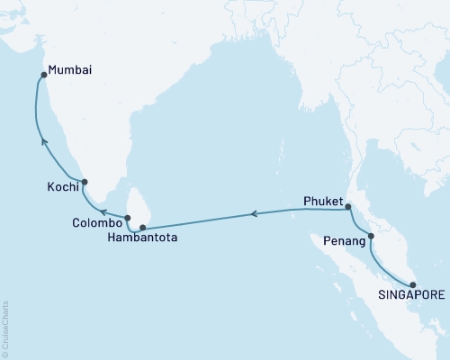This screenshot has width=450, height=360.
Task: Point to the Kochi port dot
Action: pos(84,182)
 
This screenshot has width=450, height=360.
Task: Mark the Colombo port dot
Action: pos(128,217)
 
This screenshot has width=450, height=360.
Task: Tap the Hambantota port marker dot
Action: pos(142,227)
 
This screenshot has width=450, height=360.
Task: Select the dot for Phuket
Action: pos(348,209)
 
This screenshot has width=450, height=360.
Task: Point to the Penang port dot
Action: pos(371,238)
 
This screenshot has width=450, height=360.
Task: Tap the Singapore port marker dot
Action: pos(412,284)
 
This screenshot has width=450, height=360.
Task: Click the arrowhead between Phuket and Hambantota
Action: pos(253,214)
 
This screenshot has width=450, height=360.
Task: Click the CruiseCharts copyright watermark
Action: pos(5,328)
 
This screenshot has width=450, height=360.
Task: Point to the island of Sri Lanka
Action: pos(139,205)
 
